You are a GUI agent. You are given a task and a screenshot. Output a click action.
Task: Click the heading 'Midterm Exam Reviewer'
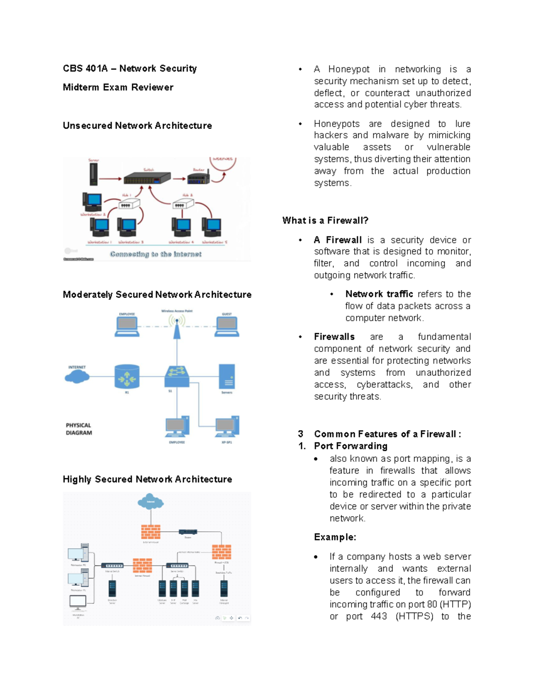(x=118, y=87)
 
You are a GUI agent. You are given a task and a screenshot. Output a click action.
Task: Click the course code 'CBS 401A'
(x=85, y=69)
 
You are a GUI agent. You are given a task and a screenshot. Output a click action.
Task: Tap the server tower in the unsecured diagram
(x=93, y=174)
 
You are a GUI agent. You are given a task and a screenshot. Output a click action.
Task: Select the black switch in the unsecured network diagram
(x=147, y=178)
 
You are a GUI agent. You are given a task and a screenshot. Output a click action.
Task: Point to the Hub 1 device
(x=129, y=204)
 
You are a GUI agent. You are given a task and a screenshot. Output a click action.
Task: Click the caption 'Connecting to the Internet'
(x=156, y=254)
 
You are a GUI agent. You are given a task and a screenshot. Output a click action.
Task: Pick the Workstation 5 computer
(x=212, y=227)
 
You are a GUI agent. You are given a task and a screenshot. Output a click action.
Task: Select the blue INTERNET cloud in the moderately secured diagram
(x=77, y=377)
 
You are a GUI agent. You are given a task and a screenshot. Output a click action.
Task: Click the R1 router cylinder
(x=127, y=377)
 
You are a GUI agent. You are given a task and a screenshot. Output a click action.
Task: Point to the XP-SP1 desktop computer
(x=227, y=427)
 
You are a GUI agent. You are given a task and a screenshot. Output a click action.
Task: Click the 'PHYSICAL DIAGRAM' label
(x=79, y=429)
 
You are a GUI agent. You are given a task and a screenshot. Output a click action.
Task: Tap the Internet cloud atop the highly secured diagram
(x=150, y=501)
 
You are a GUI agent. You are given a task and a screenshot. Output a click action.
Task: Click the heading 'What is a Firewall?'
(x=325, y=221)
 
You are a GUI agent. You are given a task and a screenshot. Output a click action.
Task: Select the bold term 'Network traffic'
(x=379, y=294)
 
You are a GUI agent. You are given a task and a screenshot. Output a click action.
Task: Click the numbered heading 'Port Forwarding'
(x=351, y=446)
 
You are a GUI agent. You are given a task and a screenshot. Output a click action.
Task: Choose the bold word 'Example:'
(x=335, y=537)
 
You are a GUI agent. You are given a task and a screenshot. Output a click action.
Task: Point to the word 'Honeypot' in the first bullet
(x=349, y=69)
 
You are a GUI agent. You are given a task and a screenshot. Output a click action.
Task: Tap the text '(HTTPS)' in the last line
(x=414, y=616)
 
